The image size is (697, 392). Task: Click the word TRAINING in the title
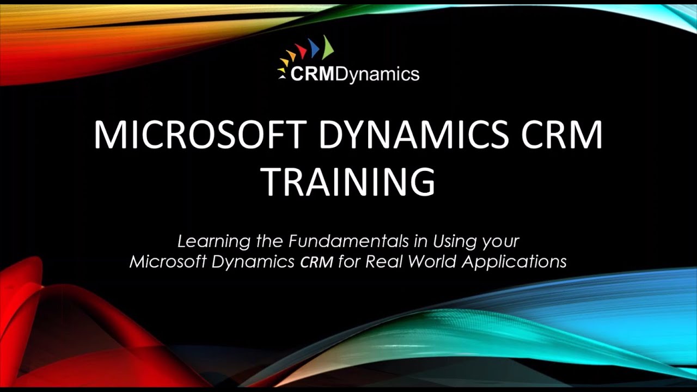(348, 182)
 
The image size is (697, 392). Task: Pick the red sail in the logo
(301, 52)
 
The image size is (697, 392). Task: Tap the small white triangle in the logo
(283, 77)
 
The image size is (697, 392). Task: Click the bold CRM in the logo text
(313, 73)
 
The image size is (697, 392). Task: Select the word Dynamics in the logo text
(377, 74)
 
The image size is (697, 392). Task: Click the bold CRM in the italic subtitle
(316, 262)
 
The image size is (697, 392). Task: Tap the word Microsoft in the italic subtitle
(167, 262)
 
